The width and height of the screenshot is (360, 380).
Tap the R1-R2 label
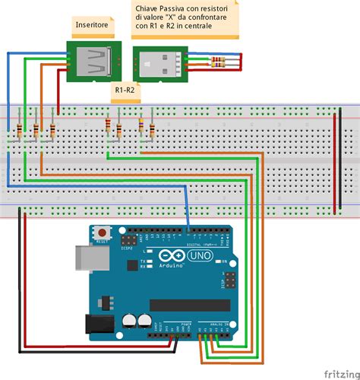(124, 89)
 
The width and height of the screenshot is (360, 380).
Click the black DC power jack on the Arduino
(97, 323)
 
